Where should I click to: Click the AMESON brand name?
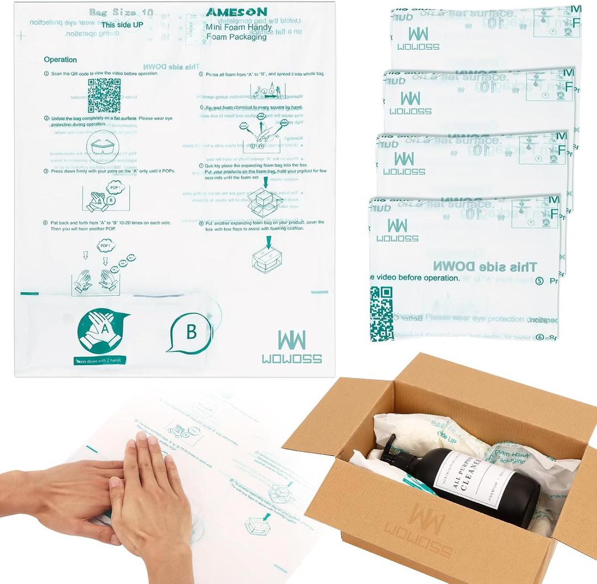click(x=236, y=12)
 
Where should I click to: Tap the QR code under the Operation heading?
click(x=104, y=95)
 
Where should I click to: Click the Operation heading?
click(x=60, y=60)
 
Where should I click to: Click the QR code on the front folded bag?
click(x=381, y=313)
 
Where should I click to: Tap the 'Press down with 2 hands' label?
click(x=101, y=361)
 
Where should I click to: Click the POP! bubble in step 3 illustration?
click(x=116, y=187)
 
